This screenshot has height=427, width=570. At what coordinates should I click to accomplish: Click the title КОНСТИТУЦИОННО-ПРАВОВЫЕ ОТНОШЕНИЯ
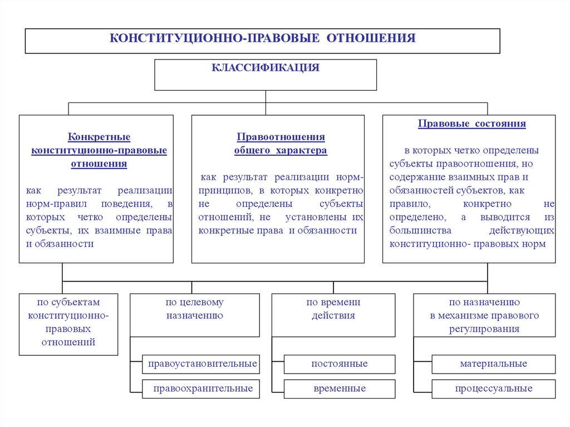[x=263, y=38]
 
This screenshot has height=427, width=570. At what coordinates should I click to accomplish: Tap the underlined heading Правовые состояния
[x=471, y=124]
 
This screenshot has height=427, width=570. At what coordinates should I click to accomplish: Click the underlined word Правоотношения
[x=281, y=137]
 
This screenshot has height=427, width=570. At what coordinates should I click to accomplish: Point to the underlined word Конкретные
[x=99, y=137]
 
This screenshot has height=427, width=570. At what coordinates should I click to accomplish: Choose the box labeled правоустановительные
[x=203, y=364]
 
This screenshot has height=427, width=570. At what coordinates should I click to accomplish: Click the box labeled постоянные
[x=340, y=364]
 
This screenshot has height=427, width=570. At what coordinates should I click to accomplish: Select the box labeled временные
[x=340, y=389]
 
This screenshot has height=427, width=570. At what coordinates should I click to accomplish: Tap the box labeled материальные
[x=493, y=364]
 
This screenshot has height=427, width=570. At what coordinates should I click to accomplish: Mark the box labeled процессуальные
[x=493, y=389]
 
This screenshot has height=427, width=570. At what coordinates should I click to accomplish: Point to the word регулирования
[x=484, y=328]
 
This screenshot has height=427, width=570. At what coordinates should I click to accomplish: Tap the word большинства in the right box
[x=420, y=230]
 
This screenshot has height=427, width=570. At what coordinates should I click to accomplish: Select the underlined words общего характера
[x=281, y=150]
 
